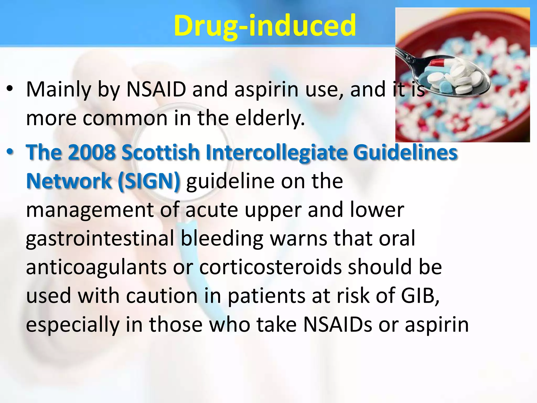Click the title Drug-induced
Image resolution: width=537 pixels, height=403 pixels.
click(265, 26)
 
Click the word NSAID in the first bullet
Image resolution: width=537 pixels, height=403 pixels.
click(156, 89)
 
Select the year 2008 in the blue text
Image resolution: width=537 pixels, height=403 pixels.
click(92, 152)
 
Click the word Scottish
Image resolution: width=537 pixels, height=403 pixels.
click(160, 152)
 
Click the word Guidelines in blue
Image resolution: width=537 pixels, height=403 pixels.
click(405, 152)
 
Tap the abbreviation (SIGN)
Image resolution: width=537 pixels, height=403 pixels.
click(149, 181)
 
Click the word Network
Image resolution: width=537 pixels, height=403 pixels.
click(69, 181)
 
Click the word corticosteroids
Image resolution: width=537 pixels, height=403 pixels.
click(270, 267)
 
